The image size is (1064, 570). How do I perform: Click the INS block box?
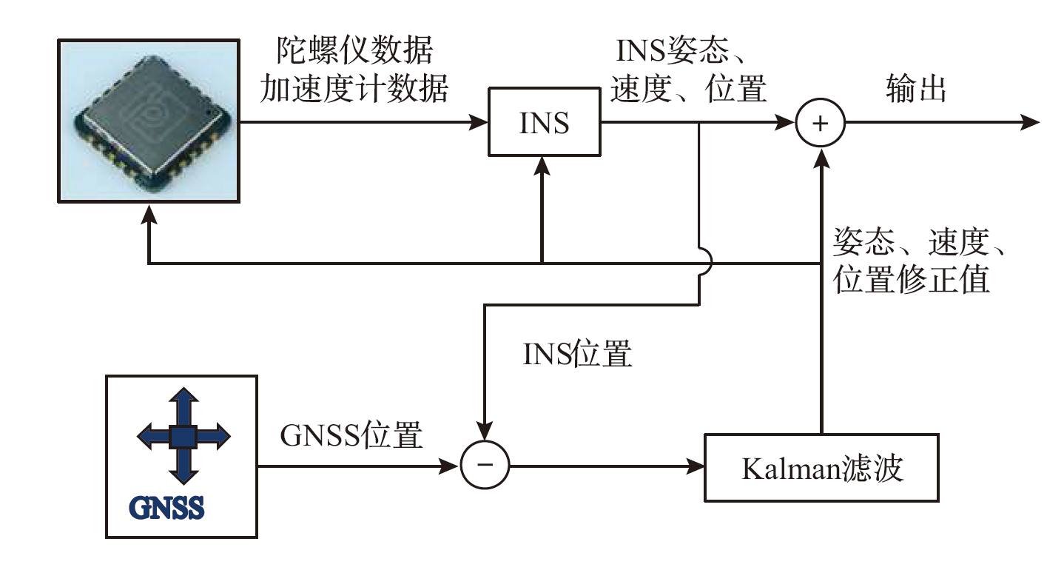coord(544,122)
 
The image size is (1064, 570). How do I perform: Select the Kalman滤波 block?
coord(821,468)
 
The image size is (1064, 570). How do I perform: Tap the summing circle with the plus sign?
coord(820,124)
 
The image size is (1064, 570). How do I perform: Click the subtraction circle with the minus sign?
coord(485,465)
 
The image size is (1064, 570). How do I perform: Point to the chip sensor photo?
coord(149,121)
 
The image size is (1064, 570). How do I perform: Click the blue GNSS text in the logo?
coord(167,508)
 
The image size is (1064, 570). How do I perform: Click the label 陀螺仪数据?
coord(354,52)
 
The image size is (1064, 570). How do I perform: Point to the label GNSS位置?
coord(351,436)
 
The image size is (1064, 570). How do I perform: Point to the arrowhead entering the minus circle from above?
coord(485,432)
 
